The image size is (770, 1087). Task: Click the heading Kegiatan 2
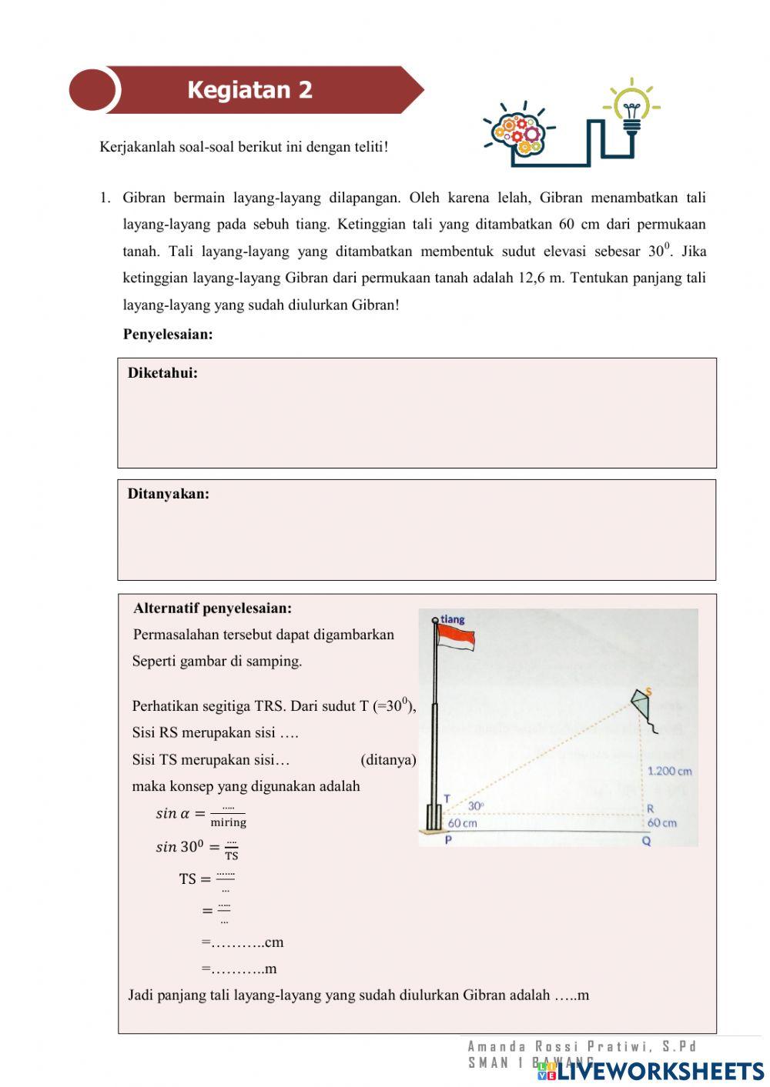coord(249,90)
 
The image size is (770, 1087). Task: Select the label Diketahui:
coord(162,373)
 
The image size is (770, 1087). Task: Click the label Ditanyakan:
coord(168,494)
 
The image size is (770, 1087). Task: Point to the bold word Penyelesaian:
coord(168,334)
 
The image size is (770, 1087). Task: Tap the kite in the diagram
coord(642,703)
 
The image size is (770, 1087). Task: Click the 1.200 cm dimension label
coord(669,771)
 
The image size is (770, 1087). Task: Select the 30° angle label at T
coord(476,805)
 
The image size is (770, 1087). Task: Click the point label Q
coord(646,841)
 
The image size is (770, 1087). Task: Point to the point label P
coord(448,840)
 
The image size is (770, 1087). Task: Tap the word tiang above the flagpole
coord(453,619)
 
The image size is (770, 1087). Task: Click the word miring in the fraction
coord(228,822)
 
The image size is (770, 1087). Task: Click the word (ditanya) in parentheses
coord(388,760)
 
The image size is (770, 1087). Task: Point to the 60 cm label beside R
coord(661,822)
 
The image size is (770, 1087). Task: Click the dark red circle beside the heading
coord(92,90)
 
